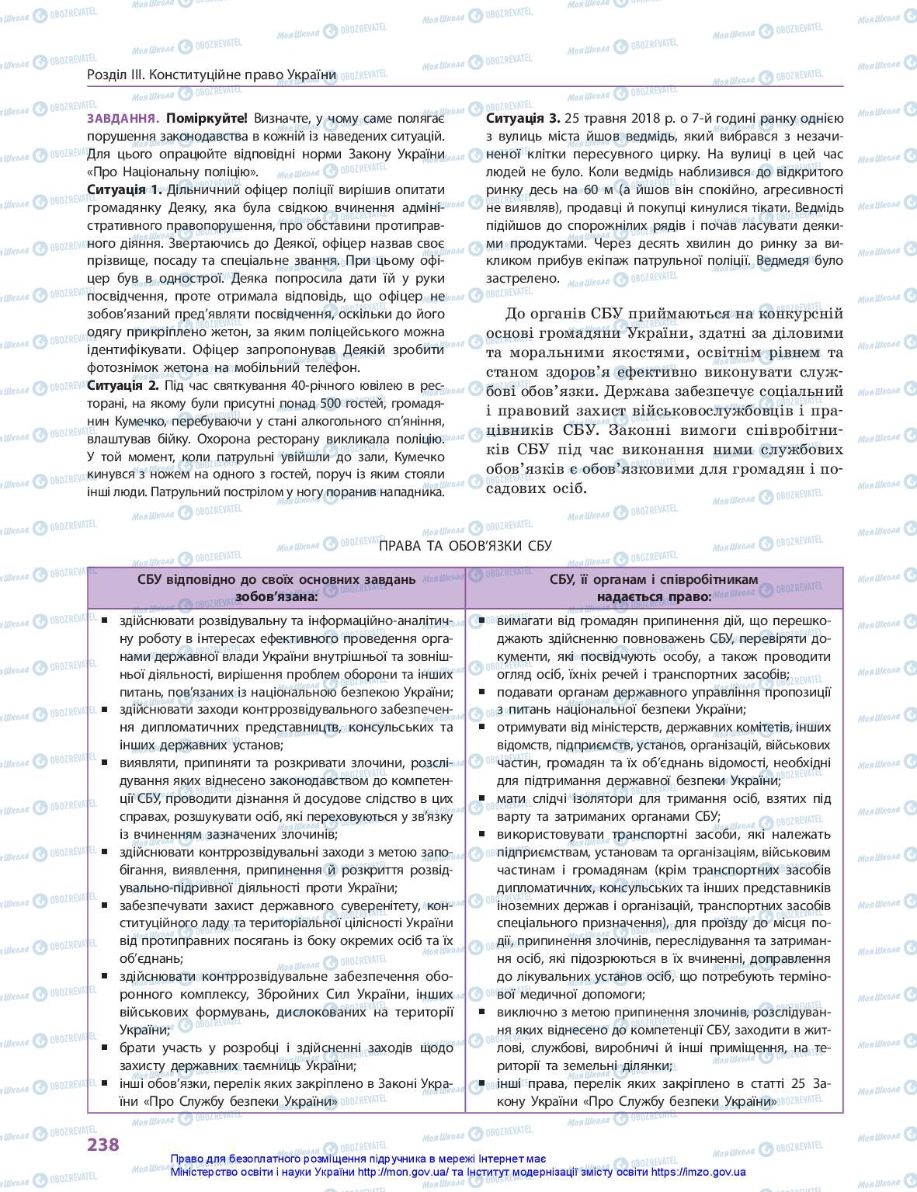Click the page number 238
tap(103, 1144)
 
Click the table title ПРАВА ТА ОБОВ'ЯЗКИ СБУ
tap(466, 546)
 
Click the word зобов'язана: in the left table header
tap(276, 597)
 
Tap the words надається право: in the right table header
tap(654, 597)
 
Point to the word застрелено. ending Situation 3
tap(523, 278)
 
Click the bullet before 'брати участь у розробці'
tap(103, 1048)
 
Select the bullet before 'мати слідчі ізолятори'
tap(482, 798)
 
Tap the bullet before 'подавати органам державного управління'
tap(482, 691)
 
